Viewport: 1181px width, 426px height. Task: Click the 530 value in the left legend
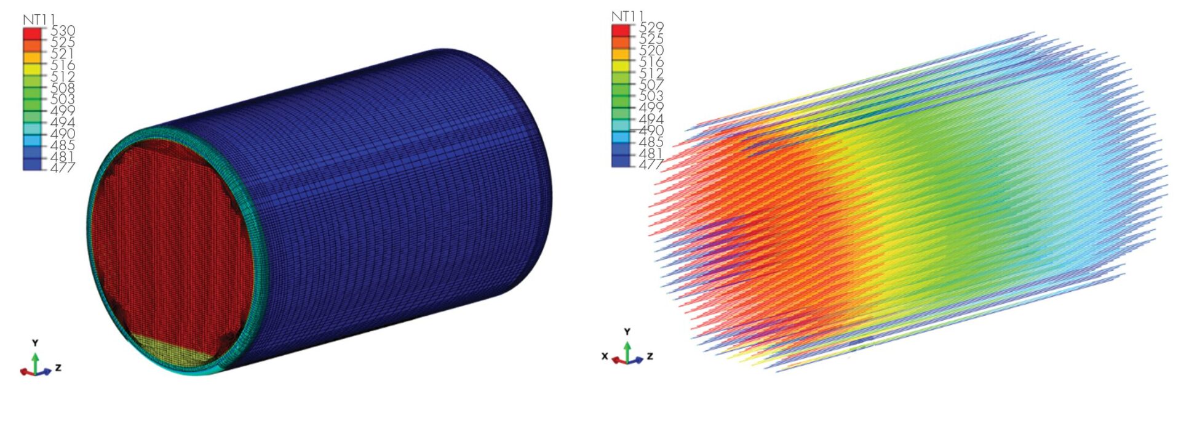click(x=63, y=31)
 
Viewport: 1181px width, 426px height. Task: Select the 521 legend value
click(x=63, y=54)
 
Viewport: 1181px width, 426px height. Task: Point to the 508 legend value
click(x=63, y=88)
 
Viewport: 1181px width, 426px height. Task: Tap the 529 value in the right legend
click(x=651, y=27)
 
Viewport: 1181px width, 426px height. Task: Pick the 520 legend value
click(x=651, y=50)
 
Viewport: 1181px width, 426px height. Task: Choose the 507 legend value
click(x=651, y=84)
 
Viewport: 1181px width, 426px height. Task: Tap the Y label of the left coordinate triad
click(x=36, y=343)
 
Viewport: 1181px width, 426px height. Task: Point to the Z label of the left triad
click(x=58, y=368)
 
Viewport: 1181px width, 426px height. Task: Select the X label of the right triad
click(x=605, y=356)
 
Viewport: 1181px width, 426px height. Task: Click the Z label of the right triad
click(x=650, y=356)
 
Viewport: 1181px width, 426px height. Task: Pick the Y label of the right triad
click(x=627, y=332)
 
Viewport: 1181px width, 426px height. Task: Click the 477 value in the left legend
click(x=63, y=167)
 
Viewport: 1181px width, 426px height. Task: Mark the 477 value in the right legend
click(x=651, y=164)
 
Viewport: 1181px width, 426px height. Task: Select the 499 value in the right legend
click(x=651, y=107)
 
